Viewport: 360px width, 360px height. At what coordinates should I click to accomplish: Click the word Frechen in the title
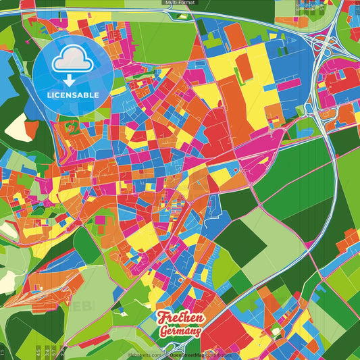179,318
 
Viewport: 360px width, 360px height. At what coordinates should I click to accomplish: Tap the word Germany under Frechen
180,331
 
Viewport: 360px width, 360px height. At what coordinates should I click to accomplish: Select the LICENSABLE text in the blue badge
73,95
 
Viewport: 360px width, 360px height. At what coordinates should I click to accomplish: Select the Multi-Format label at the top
180,3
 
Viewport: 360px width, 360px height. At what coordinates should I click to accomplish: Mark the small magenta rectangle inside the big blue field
290,85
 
